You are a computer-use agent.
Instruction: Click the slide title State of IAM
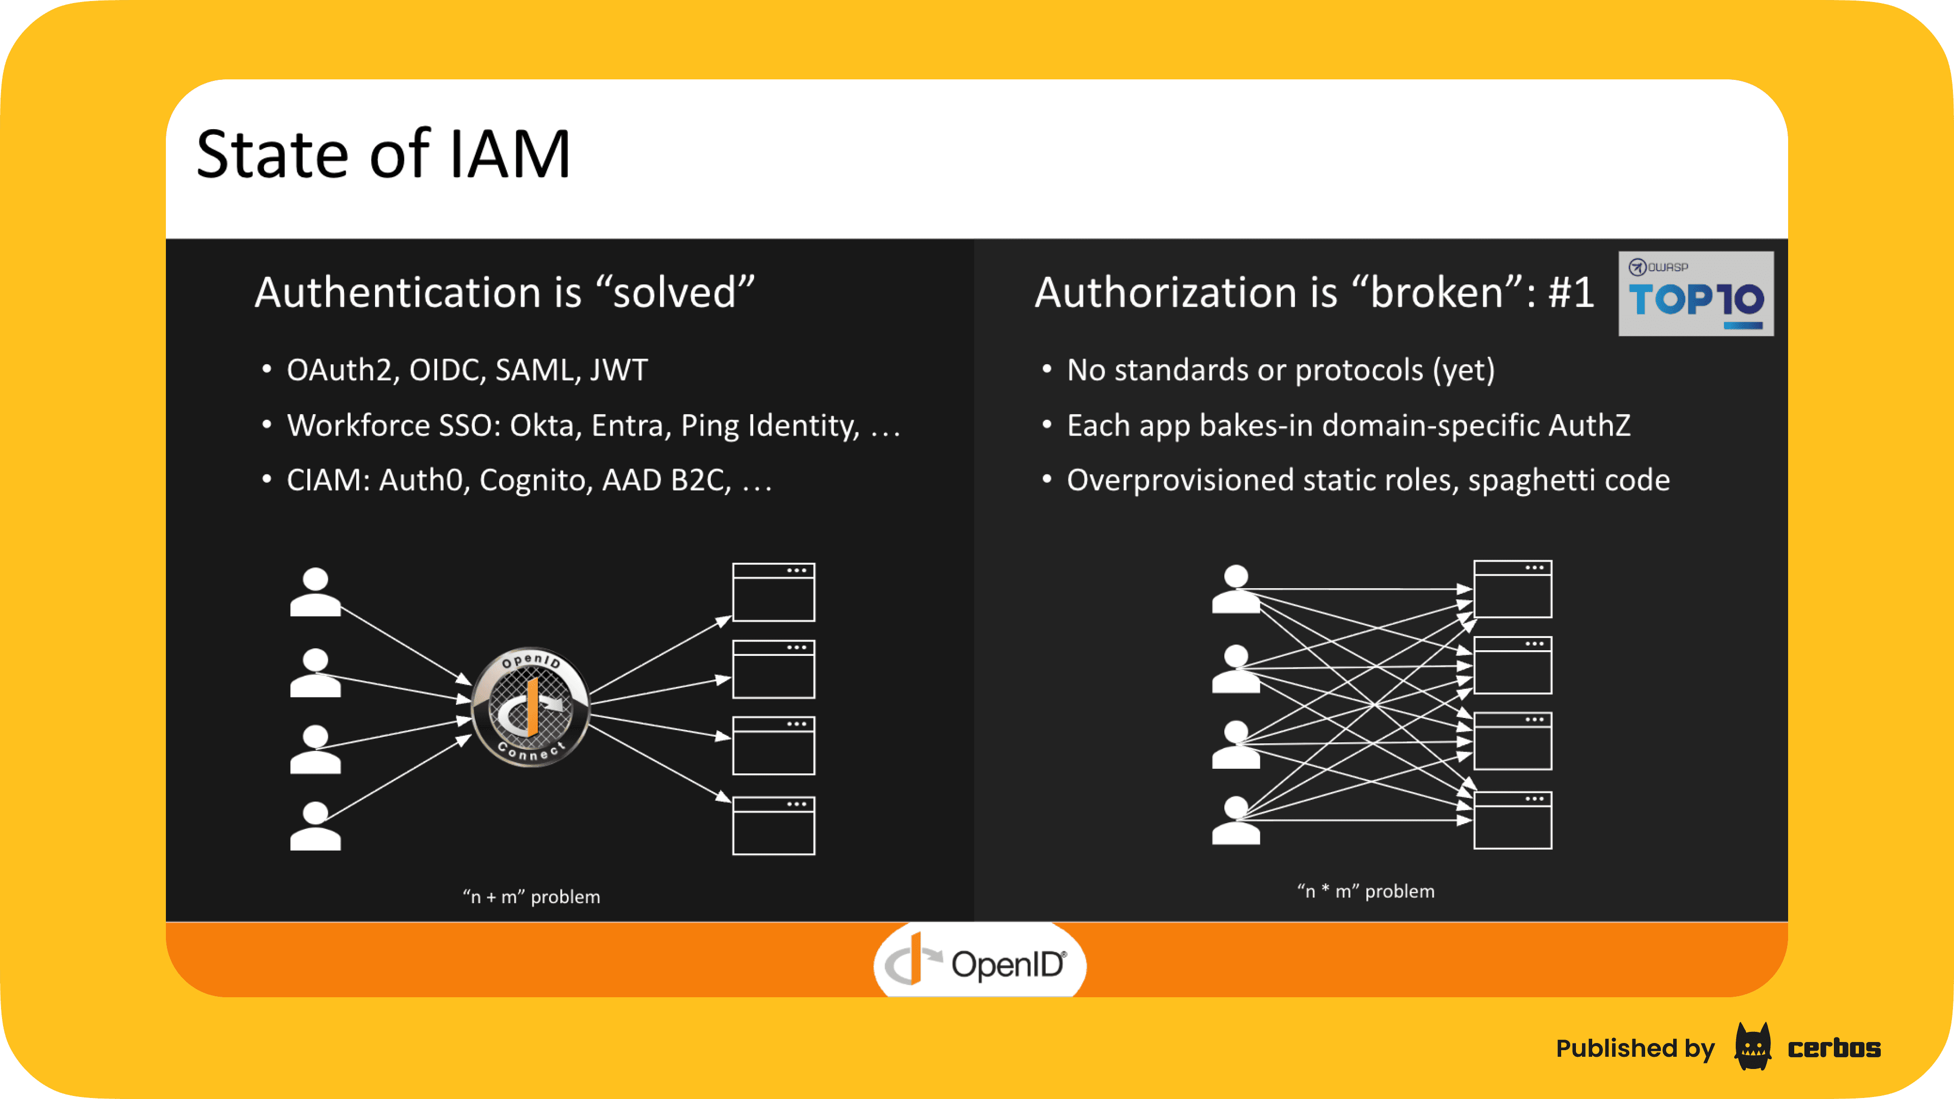tap(383, 155)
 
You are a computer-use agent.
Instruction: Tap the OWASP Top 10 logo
tap(1696, 294)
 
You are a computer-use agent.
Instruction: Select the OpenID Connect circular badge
tap(530, 707)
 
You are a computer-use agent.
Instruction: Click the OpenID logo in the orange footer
tap(979, 963)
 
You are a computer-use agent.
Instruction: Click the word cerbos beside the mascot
tap(1833, 1048)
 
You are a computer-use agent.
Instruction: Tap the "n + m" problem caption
tap(531, 896)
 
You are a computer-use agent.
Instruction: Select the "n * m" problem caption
tap(1365, 891)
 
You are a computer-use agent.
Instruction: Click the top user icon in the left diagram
tap(315, 592)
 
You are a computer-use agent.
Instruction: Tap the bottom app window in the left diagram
tap(773, 825)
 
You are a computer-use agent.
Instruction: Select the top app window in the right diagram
tap(1512, 589)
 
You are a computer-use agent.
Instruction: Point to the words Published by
tap(1634, 1048)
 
